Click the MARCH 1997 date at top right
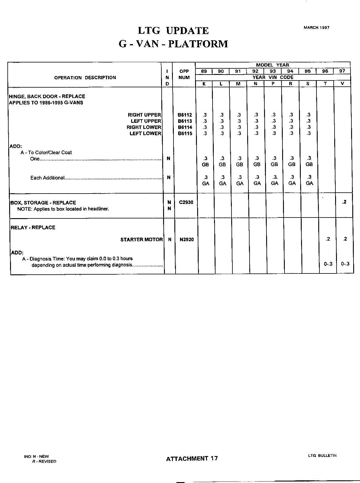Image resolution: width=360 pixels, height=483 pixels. [316, 28]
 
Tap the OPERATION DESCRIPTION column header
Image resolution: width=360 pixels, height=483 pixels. [85, 78]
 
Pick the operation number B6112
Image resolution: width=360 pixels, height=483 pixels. [185, 115]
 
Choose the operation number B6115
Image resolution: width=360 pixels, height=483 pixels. [185, 133]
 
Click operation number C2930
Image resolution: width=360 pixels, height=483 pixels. [186, 202]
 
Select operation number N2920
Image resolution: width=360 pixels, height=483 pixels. [187, 239]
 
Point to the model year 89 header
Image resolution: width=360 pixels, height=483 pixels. [204, 71]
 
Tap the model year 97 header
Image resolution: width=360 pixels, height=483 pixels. [342, 71]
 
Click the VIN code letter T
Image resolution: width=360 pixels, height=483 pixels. [325, 84]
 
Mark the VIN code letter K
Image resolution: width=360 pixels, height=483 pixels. [204, 84]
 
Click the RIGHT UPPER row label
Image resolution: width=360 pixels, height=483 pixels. [144, 115]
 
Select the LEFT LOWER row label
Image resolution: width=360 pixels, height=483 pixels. [145, 133]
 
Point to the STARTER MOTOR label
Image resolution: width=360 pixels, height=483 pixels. [142, 239]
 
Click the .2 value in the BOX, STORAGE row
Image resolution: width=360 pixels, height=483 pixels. [344, 202]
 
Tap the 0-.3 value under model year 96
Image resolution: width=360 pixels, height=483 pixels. [328, 264]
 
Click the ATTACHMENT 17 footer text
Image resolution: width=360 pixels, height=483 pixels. [192, 458]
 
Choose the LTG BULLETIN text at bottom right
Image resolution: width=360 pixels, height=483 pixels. [322, 455]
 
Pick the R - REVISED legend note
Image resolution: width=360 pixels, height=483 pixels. [44, 461]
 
